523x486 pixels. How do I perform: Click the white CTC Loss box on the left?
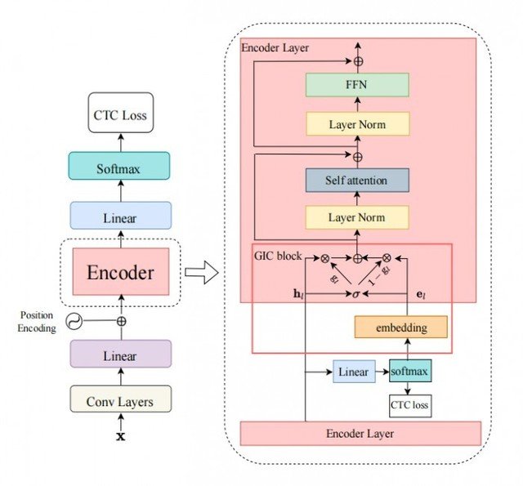click(x=121, y=116)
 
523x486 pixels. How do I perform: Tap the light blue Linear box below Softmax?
click(x=121, y=218)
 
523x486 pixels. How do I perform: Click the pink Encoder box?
click(x=121, y=273)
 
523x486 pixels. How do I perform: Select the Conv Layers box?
click(x=121, y=401)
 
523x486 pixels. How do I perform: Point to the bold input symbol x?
click(x=121, y=437)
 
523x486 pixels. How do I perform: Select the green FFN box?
click(x=357, y=84)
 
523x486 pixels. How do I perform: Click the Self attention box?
click(x=357, y=179)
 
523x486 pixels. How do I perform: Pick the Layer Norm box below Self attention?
click(x=357, y=218)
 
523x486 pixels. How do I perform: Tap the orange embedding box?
click(x=401, y=327)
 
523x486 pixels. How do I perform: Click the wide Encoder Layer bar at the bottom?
click(x=360, y=433)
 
